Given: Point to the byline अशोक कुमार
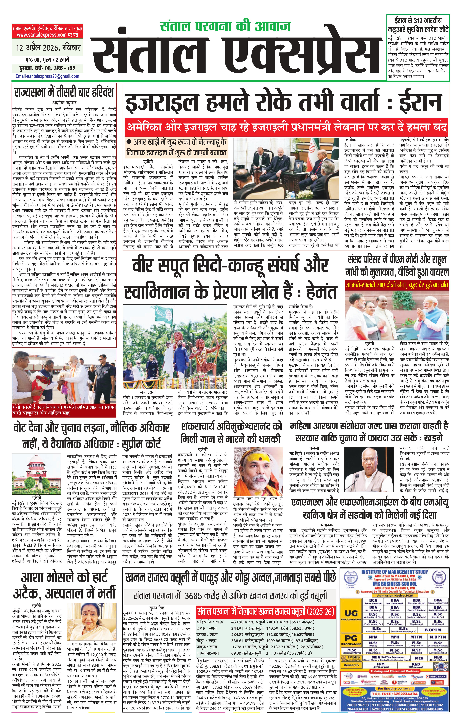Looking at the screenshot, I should (x=63, y=102).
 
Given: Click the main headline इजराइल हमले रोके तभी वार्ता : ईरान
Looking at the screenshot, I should (x=284, y=103).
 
